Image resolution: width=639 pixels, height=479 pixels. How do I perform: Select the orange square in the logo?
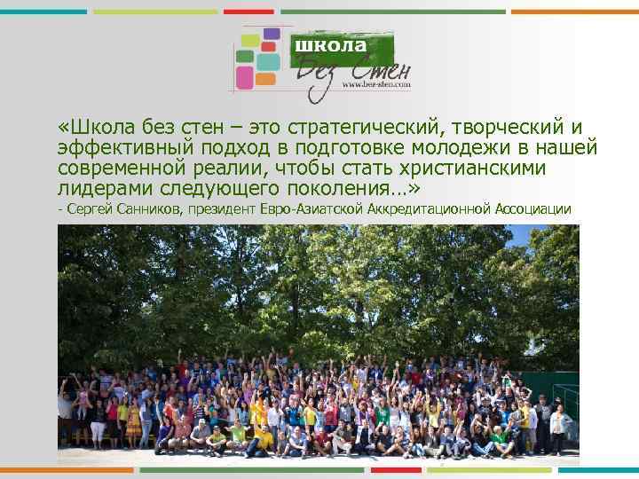[265, 78]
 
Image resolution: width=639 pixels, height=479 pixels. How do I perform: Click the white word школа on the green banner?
[331, 45]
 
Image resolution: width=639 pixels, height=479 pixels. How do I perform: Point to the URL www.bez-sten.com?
[375, 86]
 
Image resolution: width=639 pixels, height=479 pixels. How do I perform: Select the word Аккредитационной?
[443, 209]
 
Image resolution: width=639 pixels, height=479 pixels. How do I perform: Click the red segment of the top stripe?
[248, 12]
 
